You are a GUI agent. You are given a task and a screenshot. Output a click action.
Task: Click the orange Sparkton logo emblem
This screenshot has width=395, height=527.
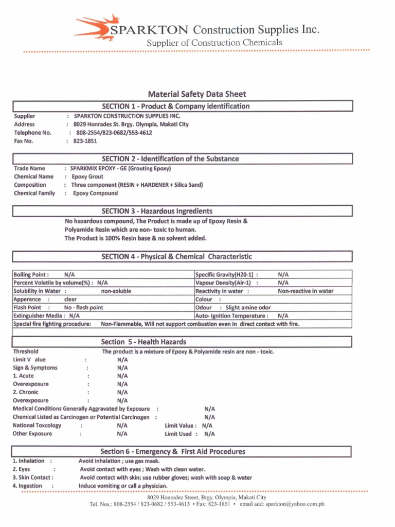[x=94, y=28]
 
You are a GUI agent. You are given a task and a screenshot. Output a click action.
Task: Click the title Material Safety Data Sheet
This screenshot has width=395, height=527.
[x=197, y=94]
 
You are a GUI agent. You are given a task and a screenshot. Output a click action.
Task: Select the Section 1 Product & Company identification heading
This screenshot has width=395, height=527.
[x=175, y=107]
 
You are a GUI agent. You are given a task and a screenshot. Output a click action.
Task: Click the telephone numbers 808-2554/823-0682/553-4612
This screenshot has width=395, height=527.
[x=114, y=133]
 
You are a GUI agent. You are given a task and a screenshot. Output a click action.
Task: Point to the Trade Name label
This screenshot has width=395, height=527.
[x=29, y=168]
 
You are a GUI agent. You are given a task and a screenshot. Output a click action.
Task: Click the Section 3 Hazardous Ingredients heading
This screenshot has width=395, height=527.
[x=157, y=211]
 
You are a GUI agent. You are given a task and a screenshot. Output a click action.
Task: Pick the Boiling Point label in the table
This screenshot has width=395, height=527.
[x=31, y=275]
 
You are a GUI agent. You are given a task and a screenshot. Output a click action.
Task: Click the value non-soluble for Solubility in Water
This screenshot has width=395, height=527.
[x=116, y=291]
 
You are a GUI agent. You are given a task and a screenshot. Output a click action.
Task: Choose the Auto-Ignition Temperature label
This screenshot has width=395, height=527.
[x=231, y=316]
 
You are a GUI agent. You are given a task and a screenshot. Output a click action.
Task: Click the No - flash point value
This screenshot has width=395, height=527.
[x=83, y=308]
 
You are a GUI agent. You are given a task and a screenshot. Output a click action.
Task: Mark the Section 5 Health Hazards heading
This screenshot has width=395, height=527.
[x=143, y=342]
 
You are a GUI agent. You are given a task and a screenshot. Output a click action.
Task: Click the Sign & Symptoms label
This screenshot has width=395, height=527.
[x=35, y=368]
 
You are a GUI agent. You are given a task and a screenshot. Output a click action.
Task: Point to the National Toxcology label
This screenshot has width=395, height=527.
[x=37, y=426]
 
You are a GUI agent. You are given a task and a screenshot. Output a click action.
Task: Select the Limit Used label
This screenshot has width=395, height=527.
[x=178, y=434]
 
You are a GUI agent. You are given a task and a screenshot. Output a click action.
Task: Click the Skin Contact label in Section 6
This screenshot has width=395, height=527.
[x=32, y=478]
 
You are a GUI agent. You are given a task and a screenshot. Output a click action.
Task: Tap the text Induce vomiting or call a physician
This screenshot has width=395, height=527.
[x=123, y=486]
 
